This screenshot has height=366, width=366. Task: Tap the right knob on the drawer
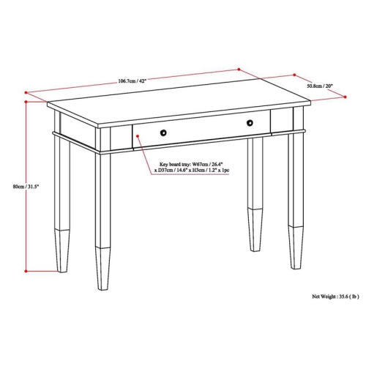point(249,122)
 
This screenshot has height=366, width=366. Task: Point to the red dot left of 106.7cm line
point(27,92)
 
